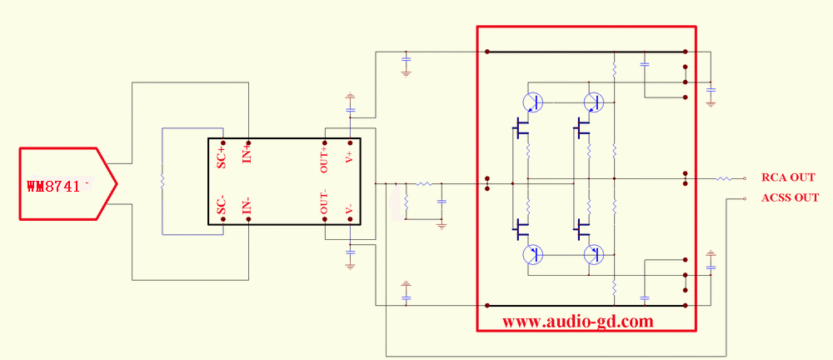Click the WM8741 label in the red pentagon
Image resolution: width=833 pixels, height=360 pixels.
(57, 187)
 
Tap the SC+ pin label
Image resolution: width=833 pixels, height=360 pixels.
(222, 157)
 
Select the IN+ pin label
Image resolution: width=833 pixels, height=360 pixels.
(247, 154)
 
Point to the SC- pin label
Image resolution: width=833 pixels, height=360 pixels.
(222, 206)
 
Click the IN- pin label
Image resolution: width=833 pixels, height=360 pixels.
(247, 205)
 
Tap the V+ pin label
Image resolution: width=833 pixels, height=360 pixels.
(349, 156)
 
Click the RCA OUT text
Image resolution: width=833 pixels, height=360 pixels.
(788, 177)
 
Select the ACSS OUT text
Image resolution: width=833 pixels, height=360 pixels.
(790, 197)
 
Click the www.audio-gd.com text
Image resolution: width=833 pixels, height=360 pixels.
(577, 322)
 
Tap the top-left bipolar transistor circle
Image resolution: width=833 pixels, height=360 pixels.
(532, 102)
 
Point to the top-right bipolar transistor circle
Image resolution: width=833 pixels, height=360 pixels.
(593, 102)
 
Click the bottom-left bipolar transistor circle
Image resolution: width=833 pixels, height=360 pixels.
(532, 255)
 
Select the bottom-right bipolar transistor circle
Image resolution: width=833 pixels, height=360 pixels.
(593, 255)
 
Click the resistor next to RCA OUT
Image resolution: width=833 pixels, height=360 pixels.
(723, 178)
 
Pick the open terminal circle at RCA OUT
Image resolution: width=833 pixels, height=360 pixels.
(744, 178)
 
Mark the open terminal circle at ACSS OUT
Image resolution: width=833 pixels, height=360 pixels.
(744, 199)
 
